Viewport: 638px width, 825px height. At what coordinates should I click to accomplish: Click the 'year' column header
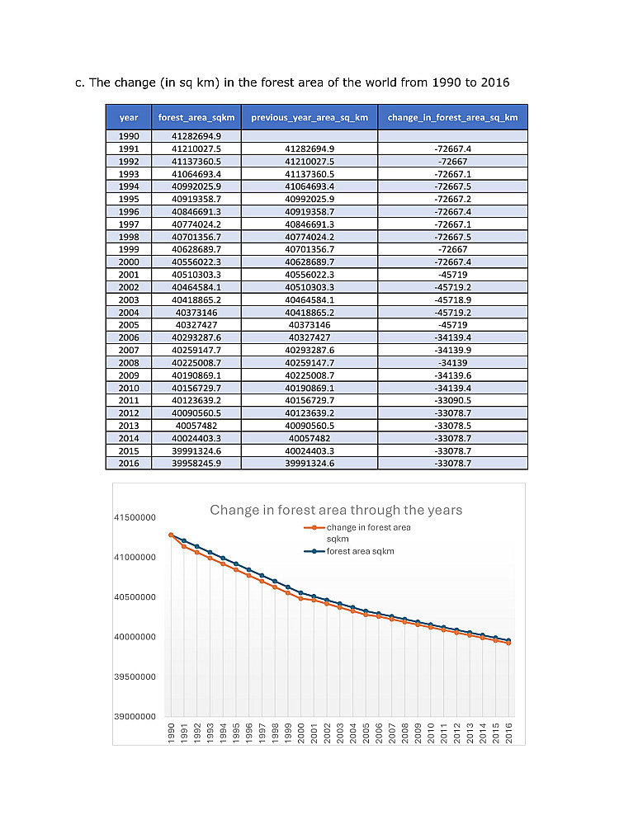point(129,117)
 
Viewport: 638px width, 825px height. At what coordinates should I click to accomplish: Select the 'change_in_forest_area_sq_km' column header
point(452,117)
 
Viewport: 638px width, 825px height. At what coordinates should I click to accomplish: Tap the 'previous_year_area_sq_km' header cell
point(310,117)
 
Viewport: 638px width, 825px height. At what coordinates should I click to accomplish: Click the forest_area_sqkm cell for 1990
point(196,136)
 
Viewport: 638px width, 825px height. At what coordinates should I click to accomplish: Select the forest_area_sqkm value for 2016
point(196,464)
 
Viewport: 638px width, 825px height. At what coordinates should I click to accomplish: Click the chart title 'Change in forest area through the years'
point(336,510)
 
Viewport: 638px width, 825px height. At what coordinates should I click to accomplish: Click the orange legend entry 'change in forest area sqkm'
point(368,527)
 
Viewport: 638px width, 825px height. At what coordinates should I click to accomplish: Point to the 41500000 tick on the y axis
point(134,517)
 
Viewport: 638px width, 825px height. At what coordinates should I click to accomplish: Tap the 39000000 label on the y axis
point(134,717)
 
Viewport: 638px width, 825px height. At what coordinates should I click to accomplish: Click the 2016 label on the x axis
point(509,732)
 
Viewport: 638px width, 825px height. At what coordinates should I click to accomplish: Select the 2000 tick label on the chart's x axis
point(301,732)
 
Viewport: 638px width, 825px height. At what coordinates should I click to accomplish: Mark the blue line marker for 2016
point(509,640)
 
